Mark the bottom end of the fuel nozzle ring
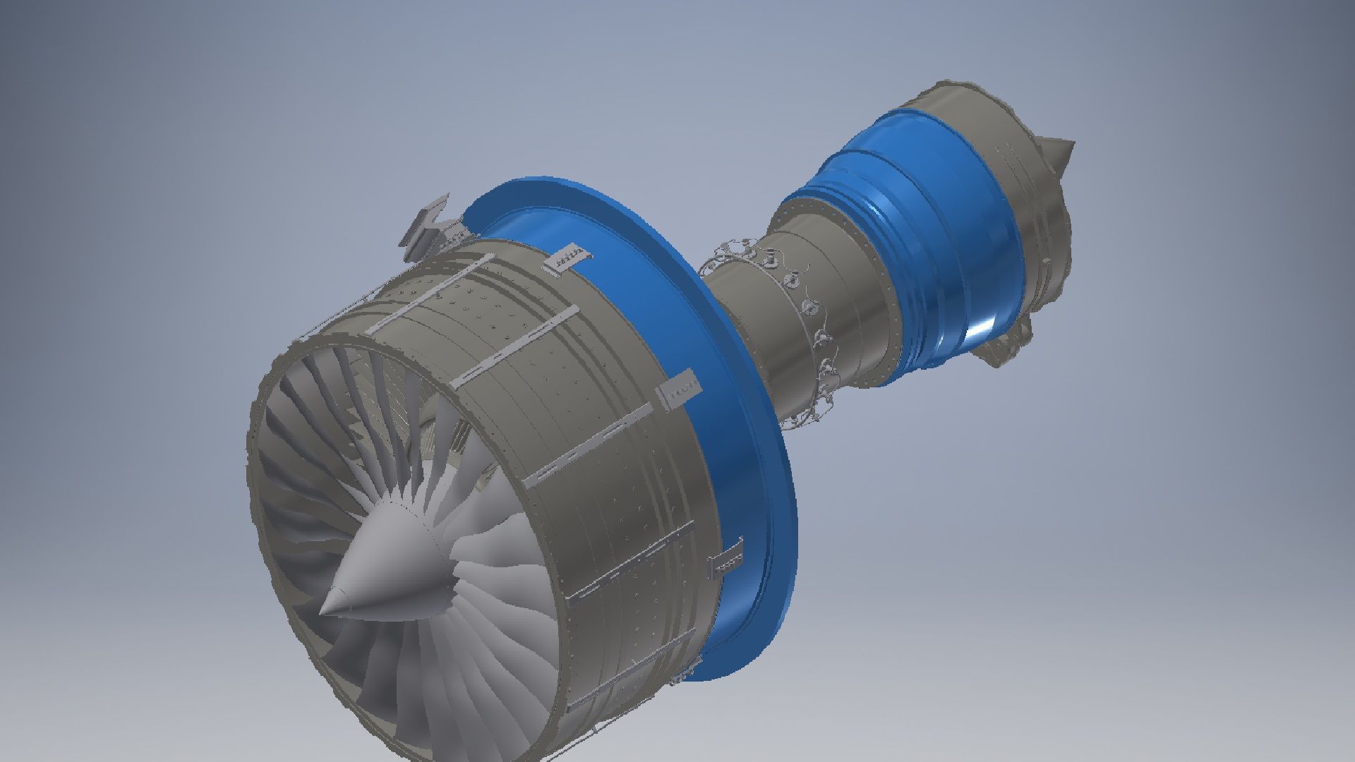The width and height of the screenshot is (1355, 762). pos(812,416)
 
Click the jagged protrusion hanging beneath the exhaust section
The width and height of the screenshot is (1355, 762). pos(1002,349)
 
